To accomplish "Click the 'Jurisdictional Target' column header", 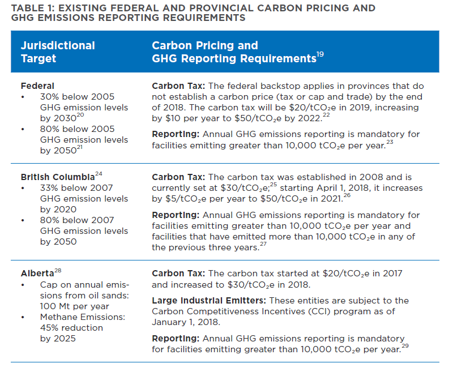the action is point(58,52).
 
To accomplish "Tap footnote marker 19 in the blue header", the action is point(320,54).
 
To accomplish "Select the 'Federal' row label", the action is point(37,86).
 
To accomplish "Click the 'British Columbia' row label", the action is point(58,177).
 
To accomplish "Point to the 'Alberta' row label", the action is point(37,273).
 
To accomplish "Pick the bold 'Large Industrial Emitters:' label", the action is point(209,301).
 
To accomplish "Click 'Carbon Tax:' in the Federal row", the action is point(178,86).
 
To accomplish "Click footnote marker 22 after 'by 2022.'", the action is point(326,115).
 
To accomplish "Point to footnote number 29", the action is point(405,346).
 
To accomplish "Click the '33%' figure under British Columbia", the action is point(49,188).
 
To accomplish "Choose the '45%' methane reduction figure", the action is point(49,328).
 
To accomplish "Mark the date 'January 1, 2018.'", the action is point(186,322).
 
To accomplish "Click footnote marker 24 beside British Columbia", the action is point(99,174).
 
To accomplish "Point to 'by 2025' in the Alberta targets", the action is point(58,339).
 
